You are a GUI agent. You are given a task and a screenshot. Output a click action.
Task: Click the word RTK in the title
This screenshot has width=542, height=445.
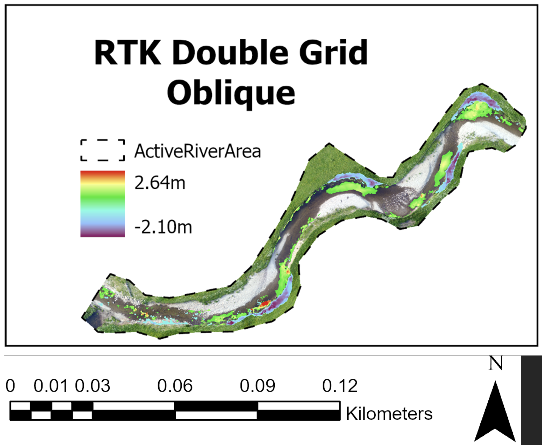coord(127,53)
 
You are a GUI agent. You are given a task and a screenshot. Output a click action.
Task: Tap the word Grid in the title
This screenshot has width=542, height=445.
coord(333,53)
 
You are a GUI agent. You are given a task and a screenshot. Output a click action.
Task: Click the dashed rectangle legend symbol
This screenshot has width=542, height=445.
coord(103,150)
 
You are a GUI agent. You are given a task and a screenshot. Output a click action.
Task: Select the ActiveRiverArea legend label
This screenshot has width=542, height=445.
coord(197,151)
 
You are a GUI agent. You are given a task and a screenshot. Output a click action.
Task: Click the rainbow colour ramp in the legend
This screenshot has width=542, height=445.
coord(103,204)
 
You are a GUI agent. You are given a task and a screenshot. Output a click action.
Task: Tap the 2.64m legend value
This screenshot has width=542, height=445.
coord(160,183)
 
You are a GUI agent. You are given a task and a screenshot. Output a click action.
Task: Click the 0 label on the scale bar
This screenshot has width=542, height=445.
coord(10,386)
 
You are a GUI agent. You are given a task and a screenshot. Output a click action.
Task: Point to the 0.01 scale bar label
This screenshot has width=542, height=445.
coord(51,386)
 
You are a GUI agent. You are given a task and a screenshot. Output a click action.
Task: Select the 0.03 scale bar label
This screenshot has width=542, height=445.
coord(92,386)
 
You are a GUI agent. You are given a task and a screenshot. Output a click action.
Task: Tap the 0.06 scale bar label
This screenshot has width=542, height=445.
coord(175,386)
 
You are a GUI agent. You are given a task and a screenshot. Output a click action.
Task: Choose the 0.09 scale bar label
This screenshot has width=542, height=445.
coord(257,386)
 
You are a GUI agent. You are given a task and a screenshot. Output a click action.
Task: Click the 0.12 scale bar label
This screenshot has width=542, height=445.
coord(340,386)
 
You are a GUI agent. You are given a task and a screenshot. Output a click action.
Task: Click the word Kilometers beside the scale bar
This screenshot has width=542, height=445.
coord(389,414)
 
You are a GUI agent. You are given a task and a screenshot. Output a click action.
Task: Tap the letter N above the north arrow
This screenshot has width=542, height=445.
coord(495,363)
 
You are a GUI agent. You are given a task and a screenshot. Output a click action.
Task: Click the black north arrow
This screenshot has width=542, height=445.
coord(495,414)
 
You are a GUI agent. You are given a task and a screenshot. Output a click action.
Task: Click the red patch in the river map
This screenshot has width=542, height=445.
coord(265,304)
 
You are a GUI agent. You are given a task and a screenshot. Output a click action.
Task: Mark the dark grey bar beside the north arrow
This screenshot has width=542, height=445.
coord(531,400)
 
